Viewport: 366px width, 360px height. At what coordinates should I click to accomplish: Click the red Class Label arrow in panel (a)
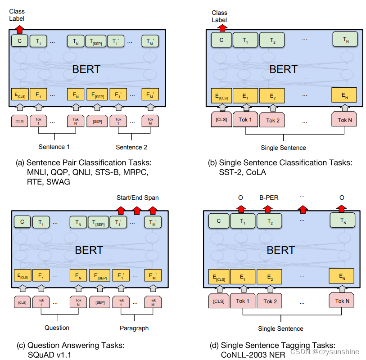point(20,29)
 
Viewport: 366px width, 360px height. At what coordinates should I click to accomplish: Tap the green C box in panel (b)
point(221,40)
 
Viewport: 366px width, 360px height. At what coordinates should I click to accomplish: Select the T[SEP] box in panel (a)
point(96,41)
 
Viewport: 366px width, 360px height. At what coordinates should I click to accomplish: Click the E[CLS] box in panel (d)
point(219,277)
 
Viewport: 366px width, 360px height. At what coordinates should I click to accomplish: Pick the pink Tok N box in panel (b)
point(344,119)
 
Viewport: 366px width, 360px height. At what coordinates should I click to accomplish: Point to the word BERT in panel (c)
point(89,250)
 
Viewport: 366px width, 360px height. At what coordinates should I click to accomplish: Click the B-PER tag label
point(269,198)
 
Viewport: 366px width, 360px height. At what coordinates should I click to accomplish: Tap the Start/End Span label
point(137,198)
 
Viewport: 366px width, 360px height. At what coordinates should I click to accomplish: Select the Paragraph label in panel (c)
point(134,328)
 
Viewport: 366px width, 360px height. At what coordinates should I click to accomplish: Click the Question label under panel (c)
point(57,328)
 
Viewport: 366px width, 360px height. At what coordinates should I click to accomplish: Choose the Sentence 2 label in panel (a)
point(131,147)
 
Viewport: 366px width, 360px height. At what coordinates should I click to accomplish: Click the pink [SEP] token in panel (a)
point(97,121)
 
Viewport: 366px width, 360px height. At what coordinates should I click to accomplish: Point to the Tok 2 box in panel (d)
point(270,301)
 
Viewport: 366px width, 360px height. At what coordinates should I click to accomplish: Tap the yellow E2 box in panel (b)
point(272,96)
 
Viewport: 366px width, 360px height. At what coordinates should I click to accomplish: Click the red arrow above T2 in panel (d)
point(268,209)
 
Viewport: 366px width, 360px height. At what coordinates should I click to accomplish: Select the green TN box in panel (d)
point(343,220)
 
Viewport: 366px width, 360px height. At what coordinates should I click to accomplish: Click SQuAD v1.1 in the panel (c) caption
point(49,355)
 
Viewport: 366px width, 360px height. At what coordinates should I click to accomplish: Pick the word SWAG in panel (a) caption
point(58,182)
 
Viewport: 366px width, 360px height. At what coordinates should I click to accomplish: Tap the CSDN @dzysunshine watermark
point(325,351)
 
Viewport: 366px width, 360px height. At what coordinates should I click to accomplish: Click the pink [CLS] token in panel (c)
point(22,302)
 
